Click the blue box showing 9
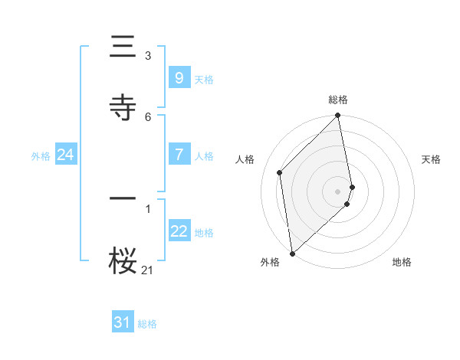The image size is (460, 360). [x=179, y=77]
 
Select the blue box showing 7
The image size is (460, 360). [x=179, y=154]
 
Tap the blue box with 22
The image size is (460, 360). [x=179, y=231]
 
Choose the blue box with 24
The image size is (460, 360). [x=65, y=155]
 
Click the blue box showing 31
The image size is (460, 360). [x=123, y=323]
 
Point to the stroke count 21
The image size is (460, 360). [x=147, y=270]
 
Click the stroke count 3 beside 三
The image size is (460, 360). [x=148, y=55]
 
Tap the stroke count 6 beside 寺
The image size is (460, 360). [x=148, y=116]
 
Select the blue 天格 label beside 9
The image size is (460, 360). [x=204, y=79]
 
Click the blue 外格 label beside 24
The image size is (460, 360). [x=41, y=155]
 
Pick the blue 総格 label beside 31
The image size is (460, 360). [x=147, y=324]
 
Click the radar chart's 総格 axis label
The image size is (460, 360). [x=338, y=100]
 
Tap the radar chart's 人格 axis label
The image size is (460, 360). [x=245, y=159]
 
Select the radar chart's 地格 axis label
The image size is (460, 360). [x=402, y=262]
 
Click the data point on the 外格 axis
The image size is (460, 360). [x=291, y=253]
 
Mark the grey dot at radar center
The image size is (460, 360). [x=338, y=191]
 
